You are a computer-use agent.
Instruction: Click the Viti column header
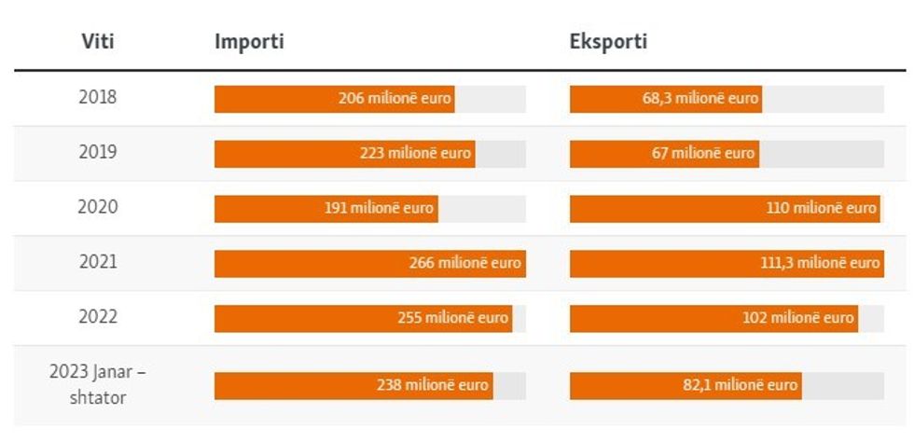tap(98, 42)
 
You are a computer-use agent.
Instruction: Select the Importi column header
tap(249, 42)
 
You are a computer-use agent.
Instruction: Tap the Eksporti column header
tap(608, 42)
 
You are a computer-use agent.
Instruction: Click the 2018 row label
tap(98, 97)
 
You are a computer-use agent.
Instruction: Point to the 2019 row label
tap(98, 152)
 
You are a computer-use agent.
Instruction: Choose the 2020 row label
tap(98, 207)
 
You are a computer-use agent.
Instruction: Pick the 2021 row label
tap(98, 262)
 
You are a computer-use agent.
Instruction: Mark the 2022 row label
tap(98, 317)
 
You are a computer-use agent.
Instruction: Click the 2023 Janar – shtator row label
tap(98, 384)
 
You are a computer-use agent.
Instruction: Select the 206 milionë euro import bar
tap(334, 99)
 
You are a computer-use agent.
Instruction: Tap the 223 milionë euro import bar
tap(344, 154)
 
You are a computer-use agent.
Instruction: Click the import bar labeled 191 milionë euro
tap(325, 209)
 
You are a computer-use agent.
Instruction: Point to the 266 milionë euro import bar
tap(368, 264)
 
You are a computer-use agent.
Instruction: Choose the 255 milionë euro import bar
tap(363, 319)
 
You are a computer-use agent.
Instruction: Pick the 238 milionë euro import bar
tap(353, 386)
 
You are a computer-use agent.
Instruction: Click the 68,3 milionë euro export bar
tap(665, 99)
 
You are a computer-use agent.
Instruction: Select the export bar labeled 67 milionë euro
tap(664, 154)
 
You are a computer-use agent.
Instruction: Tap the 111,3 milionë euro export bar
tap(726, 264)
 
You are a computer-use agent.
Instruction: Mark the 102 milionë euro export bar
tap(713, 319)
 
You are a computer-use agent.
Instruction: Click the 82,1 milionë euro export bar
tap(685, 386)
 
